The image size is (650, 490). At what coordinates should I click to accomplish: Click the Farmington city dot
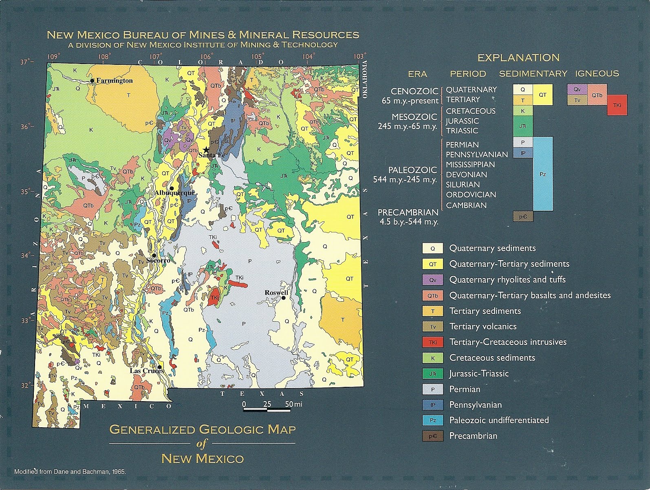click(93, 81)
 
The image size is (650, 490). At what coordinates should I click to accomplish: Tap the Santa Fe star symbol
click(207, 150)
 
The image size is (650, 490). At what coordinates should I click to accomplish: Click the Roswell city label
click(276, 292)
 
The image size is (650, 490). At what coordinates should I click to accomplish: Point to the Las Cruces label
click(146, 371)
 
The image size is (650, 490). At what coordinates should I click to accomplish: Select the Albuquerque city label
click(174, 193)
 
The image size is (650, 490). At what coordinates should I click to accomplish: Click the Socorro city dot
click(154, 255)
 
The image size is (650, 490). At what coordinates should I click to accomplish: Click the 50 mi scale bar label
click(293, 404)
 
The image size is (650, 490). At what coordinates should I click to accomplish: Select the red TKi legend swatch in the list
click(432, 342)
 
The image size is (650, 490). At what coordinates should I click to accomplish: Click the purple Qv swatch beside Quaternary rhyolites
click(432, 280)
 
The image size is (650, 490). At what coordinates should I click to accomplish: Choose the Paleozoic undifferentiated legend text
click(499, 420)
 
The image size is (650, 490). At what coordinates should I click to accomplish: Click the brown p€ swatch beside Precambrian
click(432, 436)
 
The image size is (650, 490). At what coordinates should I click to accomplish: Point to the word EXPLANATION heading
click(518, 57)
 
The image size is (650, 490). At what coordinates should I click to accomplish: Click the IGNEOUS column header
click(597, 73)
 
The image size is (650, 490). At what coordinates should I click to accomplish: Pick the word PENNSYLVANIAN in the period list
click(476, 155)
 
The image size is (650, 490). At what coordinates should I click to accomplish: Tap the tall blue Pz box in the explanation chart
click(542, 174)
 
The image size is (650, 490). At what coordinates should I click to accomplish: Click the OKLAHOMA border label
click(365, 79)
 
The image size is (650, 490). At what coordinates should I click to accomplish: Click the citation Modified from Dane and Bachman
click(70, 472)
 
